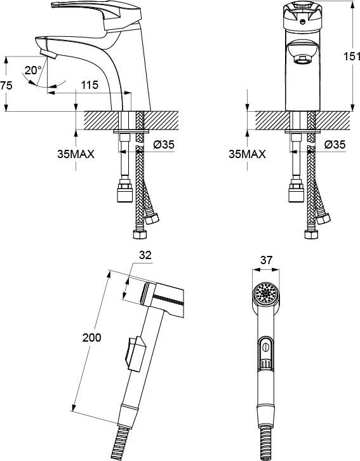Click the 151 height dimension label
[352, 56]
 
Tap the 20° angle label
[33, 70]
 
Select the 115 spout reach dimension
[90, 85]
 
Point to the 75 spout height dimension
[6, 86]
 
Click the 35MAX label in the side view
[76, 154]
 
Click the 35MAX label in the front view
[247, 154]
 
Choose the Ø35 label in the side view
[164, 145]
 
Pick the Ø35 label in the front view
[335, 145]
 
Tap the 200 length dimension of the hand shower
[91, 338]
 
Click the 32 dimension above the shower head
[145, 255]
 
